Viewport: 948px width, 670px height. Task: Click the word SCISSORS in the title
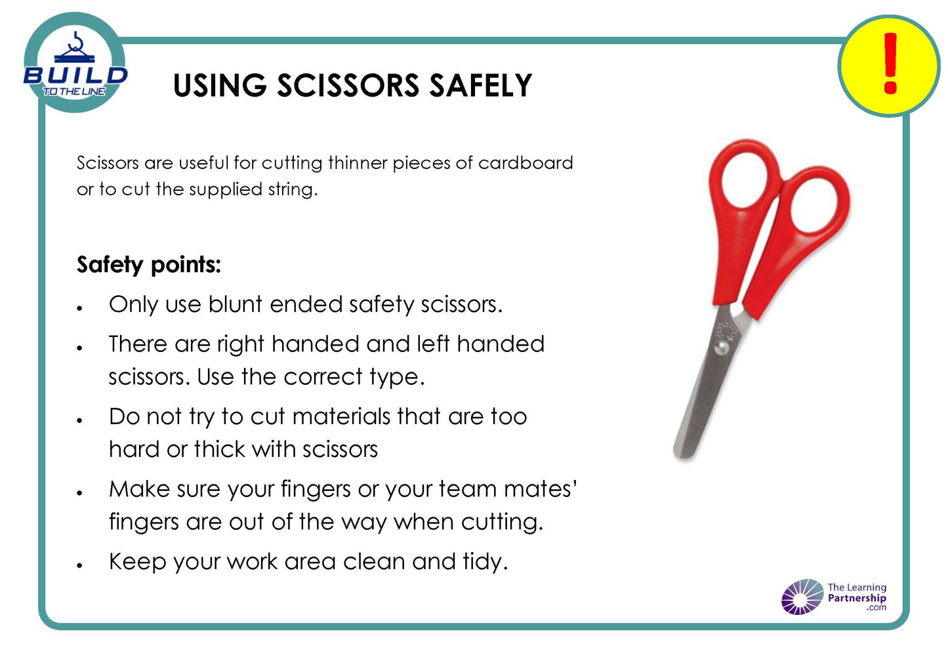[348, 85]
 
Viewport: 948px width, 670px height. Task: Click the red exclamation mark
[890, 64]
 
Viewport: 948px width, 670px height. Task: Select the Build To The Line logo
[75, 64]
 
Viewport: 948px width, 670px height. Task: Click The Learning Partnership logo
[834, 597]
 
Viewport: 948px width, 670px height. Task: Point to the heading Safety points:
[149, 266]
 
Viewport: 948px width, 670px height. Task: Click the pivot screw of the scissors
[721, 347]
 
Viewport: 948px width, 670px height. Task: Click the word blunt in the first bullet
[236, 304]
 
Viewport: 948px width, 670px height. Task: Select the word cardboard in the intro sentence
[526, 163]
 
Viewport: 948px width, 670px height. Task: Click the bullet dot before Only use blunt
[79, 308]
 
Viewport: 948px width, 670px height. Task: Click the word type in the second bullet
[396, 378]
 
